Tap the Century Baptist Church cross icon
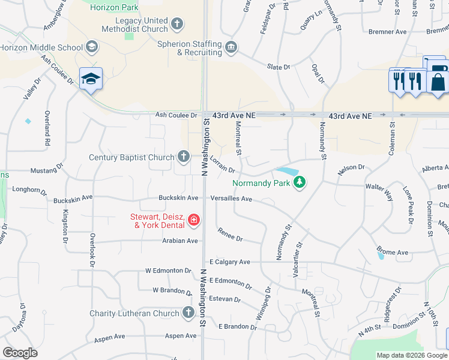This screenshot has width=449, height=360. [x=184, y=157]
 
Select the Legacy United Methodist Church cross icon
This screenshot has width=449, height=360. [x=176, y=24]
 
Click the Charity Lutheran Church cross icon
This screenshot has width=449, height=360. [x=188, y=313]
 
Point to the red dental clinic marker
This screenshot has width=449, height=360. [x=193, y=220]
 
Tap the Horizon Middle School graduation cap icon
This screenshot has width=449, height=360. [x=91, y=47]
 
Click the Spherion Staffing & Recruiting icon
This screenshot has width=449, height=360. [x=231, y=47]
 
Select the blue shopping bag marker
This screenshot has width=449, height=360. [x=438, y=80]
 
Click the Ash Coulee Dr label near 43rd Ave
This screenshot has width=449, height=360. [x=176, y=115]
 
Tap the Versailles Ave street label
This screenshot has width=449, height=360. [x=231, y=198]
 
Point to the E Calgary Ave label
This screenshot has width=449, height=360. [x=229, y=262]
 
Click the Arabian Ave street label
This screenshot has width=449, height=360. [x=179, y=241]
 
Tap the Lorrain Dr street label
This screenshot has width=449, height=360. [x=221, y=166]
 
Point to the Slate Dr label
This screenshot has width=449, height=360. [x=279, y=67]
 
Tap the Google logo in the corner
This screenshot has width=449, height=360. [x=20, y=353]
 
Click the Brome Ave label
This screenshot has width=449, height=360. [x=392, y=252]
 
